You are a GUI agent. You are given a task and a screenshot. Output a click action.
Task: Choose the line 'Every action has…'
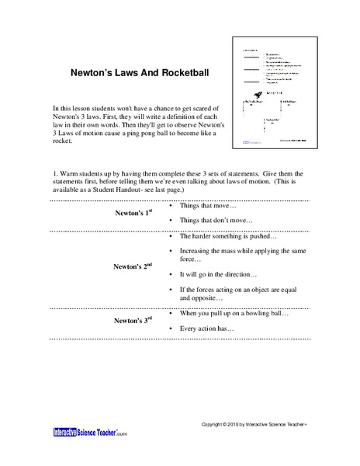pyautogui.click(x=211, y=328)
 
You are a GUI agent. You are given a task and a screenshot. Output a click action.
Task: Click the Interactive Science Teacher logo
pyautogui.click(x=90, y=432)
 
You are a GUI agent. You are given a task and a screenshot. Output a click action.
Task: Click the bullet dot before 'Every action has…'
pyautogui.click(x=170, y=328)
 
